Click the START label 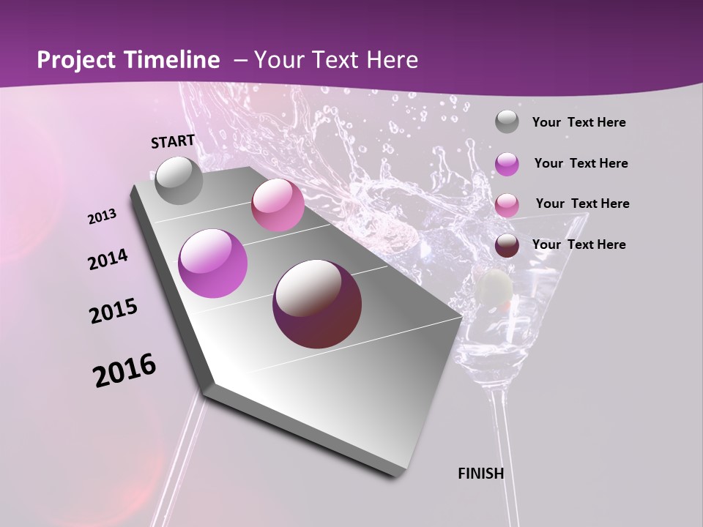tap(173, 141)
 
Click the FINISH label tap(480, 474)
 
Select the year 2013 tap(102, 217)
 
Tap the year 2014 tap(108, 260)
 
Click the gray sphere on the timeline tap(179, 180)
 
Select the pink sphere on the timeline tap(278, 205)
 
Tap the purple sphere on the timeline tap(213, 263)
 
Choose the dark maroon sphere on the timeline tap(317, 304)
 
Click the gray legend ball tap(507, 122)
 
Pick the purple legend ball tap(507, 164)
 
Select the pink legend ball tap(507, 204)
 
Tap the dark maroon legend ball tap(507, 245)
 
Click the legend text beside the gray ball tap(579, 123)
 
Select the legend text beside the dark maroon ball tap(579, 244)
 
